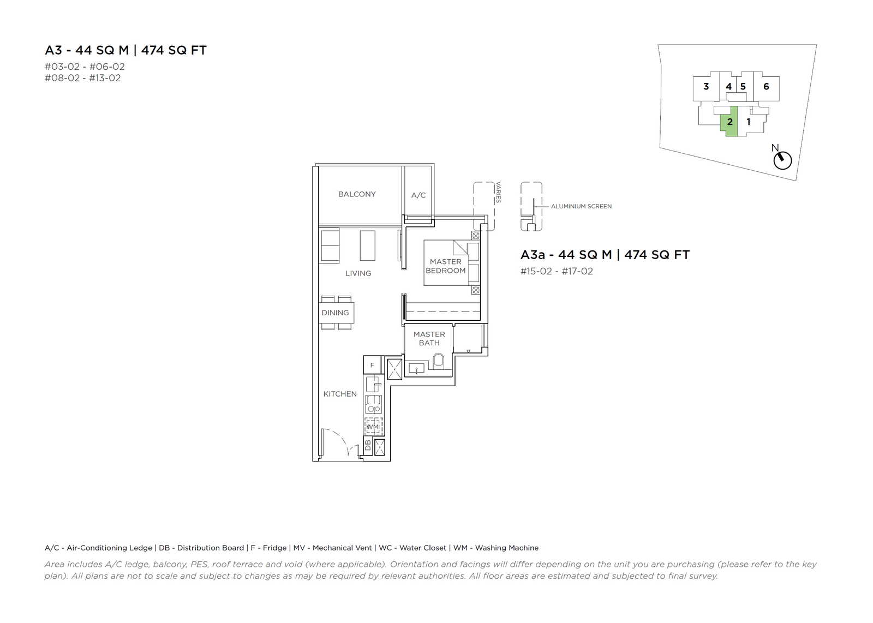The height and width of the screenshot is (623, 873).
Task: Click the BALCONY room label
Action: [357, 194]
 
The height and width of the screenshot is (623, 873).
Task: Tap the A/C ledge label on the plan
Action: [418, 195]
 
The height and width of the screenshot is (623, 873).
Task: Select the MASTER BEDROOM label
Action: [445, 266]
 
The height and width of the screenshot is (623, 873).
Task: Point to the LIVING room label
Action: [358, 273]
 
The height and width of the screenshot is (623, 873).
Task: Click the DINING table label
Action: [335, 313]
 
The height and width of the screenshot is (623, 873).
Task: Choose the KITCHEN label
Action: [340, 394]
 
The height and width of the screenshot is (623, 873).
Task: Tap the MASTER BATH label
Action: [429, 339]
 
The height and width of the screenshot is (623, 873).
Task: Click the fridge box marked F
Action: [372, 365]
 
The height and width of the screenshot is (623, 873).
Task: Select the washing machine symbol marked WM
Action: [373, 427]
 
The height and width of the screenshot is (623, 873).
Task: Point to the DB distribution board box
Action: [368, 445]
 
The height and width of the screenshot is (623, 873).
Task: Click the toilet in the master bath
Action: [438, 361]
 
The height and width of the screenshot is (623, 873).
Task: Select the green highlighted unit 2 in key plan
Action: [729, 121]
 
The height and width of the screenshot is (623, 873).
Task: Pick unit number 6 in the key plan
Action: [766, 87]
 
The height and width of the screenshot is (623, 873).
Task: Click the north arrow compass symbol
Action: [782, 160]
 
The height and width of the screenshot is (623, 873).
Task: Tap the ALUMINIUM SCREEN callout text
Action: [581, 207]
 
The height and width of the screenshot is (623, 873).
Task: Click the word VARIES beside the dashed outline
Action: [499, 192]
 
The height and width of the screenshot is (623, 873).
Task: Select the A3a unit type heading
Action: [605, 255]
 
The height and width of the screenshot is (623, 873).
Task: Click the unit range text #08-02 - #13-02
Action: [82, 78]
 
